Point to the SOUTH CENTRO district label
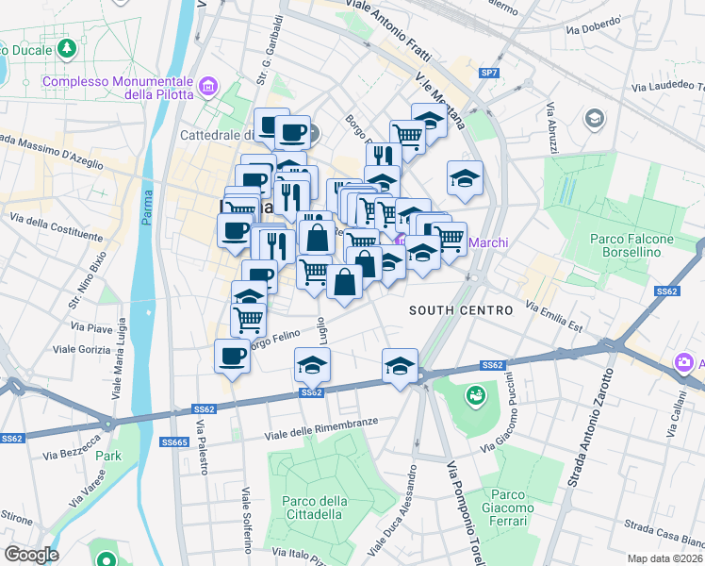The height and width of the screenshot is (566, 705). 460,310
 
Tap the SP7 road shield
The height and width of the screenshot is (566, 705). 488,73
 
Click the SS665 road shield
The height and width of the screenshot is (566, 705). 174,441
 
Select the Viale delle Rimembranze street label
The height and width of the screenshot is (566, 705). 321,426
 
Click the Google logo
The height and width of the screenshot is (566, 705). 30,555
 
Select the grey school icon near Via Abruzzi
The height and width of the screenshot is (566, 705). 594,117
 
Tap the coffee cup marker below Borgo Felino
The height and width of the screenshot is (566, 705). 232,357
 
